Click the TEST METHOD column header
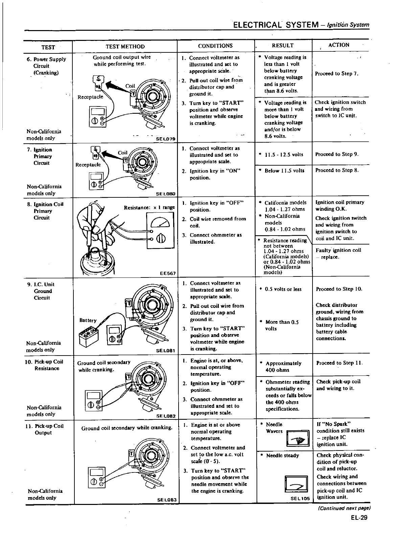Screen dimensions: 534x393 125,46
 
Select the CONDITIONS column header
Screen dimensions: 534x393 215,46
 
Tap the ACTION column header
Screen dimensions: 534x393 339,45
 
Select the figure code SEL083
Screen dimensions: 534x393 166,499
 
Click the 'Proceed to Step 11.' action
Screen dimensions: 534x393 340,363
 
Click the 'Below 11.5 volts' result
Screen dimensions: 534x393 284,171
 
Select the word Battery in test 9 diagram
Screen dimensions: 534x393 88,320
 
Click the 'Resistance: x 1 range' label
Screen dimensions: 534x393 149,207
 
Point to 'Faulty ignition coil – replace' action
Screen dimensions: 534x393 338,253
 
